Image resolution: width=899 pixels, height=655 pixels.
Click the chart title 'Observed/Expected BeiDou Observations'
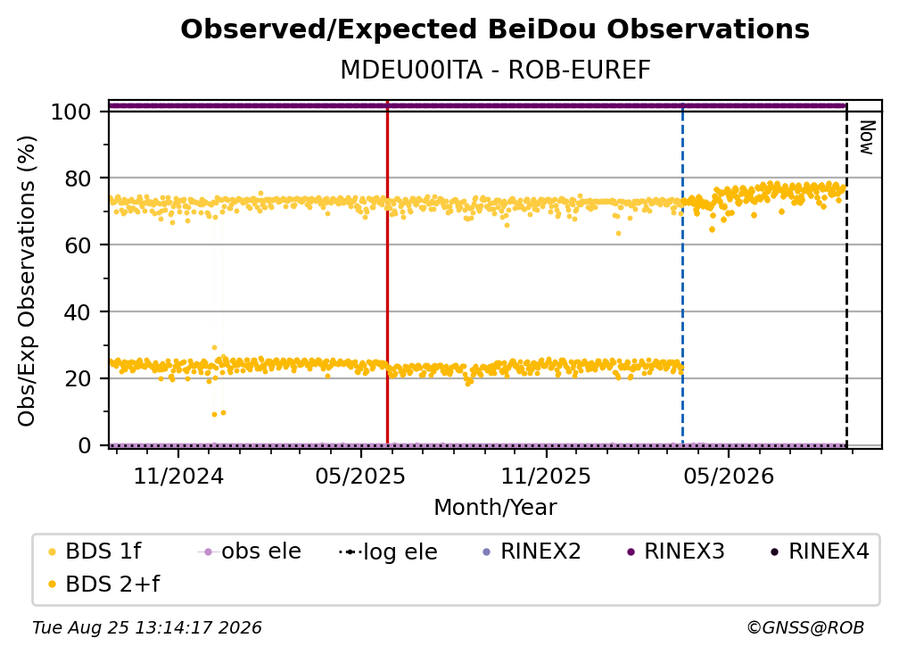pyautogui.click(x=495, y=29)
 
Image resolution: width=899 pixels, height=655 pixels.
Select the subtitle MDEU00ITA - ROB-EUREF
pyautogui.click(x=495, y=70)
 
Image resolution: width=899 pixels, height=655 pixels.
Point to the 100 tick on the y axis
pyautogui.click(x=70, y=112)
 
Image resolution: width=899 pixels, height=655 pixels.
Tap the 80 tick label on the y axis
pyautogui.click(x=78, y=178)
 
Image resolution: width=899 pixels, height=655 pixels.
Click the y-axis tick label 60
pyautogui.click(x=78, y=245)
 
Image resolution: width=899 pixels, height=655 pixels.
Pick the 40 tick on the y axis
pyautogui.click(x=78, y=312)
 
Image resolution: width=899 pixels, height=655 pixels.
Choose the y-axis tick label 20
pyautogui.click(x=78, y=378)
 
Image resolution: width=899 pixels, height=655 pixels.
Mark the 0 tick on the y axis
pyautogui.click(x=84, y=445)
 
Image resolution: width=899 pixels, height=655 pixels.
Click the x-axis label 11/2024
pyautogui.click(x=178, y=476)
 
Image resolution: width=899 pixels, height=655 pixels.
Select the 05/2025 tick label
pyautogui.click(x=360, y=476)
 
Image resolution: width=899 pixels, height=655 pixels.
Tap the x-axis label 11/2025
pyautogui.click(x=546, y=476)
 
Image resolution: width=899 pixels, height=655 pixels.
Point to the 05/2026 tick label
pyautogui.click(x=729, y=476)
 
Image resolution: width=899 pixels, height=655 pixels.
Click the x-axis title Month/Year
pyautogui.click(x=495, y=508)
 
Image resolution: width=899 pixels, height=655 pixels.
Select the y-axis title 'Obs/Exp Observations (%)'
pyautogui.click(x=27, y=281)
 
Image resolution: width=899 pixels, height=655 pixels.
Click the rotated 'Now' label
pyautogui.click(x=867, y=137)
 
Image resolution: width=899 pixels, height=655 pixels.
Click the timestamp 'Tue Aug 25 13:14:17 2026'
pyautogui.click(x=147, y=628)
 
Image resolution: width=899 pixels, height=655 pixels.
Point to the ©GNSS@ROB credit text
pyautogui.click(x=805, y=628)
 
